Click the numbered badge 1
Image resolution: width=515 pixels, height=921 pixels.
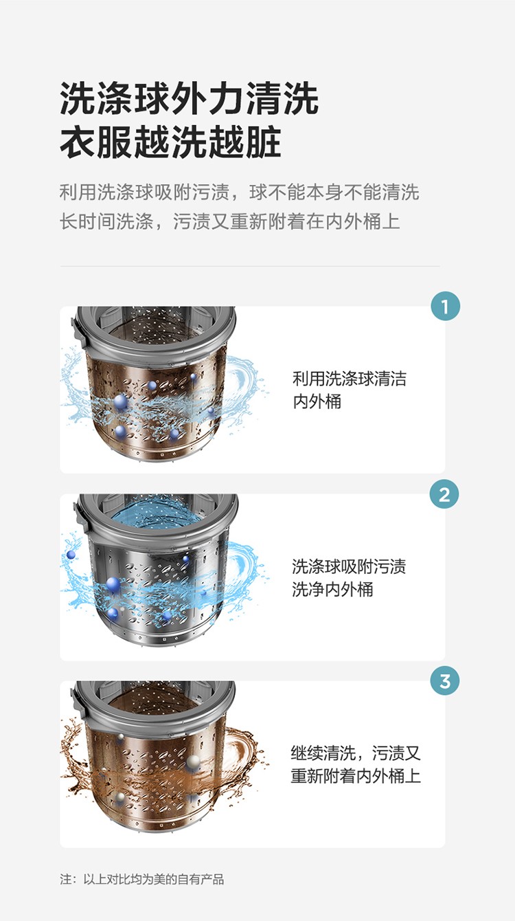[445, 307]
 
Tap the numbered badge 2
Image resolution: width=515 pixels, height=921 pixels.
[444, 494]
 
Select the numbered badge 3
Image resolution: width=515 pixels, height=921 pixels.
[445, 681]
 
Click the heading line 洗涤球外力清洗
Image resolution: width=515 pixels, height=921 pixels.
[189, 99]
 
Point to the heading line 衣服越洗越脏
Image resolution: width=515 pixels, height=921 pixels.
[170, 142]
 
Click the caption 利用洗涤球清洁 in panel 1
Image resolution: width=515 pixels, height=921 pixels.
[349, 379]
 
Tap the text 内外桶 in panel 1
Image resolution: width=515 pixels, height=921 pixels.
[317, 401]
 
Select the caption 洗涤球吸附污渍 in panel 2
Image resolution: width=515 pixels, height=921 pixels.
[349, 566]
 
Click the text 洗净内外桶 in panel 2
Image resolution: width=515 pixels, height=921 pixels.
[332, 589]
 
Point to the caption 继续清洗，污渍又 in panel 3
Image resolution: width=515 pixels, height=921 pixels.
[356, 753]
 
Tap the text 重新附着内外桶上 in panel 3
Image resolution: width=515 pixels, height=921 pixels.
[356, 776]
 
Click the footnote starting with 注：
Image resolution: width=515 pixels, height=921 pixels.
[141, 879]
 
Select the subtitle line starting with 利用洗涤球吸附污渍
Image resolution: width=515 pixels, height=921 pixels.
[239, 192]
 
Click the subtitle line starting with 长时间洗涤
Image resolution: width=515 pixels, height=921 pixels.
[229, 221]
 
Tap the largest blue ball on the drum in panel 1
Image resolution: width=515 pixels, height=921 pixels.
[120, 401]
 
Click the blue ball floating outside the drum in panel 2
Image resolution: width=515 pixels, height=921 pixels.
[71, 555]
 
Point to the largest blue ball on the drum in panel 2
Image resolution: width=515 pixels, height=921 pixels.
[113, 584]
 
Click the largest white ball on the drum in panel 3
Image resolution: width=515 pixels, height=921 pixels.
[193, 762]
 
